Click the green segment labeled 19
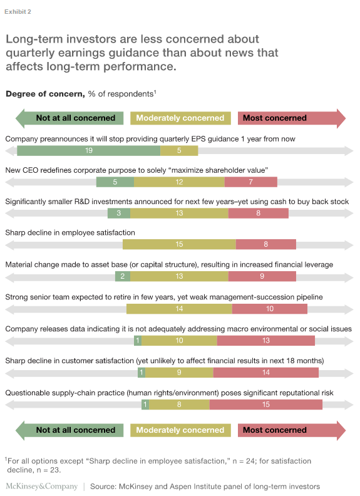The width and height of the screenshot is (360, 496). pos(88,150)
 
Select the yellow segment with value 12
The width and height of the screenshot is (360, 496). pos(179,182)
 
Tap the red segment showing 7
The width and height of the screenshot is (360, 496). pos(250,182)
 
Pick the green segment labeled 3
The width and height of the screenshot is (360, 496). pos(118,214)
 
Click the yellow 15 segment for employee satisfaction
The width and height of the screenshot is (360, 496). pos(179,245)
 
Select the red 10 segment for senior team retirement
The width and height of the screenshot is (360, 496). pos(269,309)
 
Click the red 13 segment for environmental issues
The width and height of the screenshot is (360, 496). pos(265,341)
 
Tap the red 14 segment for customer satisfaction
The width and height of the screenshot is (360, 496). pos(265,373)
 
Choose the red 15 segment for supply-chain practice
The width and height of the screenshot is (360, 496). pos(265,405)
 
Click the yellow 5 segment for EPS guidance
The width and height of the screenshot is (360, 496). pos(179,150)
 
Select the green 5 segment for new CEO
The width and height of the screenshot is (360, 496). pos(115,182)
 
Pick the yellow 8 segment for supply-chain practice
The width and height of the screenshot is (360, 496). pos(179,405)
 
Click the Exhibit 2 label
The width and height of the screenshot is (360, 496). pos(18,12)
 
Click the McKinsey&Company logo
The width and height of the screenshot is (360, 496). pos(41,486)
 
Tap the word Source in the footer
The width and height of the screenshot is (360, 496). pos(105,486)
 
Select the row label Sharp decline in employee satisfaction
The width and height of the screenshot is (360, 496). pos(70,232)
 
